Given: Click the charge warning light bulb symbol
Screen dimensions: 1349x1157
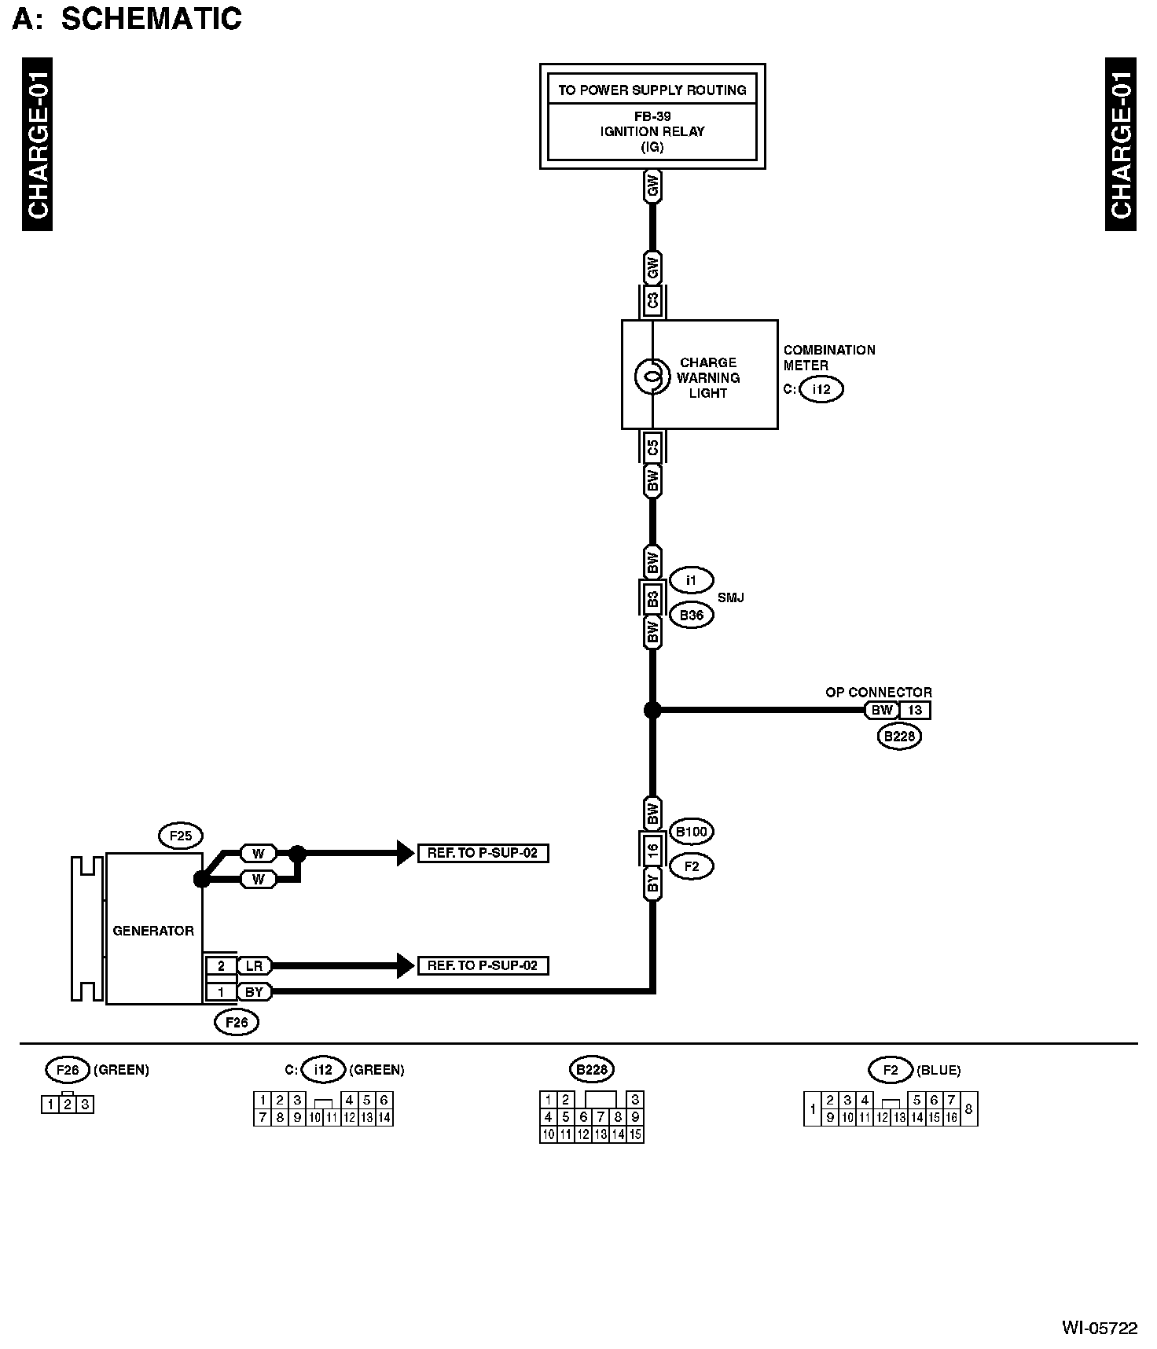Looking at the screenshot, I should point(652,377).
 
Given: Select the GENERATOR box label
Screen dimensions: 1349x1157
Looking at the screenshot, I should point(153,931).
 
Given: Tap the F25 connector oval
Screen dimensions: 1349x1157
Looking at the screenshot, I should point(181,836).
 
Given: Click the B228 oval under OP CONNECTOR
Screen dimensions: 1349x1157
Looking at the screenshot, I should point(899,737).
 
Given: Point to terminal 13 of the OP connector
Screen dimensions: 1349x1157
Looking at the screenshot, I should point(915,710).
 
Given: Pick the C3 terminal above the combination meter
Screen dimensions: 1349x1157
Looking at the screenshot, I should point(652,301).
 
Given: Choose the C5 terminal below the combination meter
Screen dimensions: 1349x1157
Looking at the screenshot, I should point(652,449).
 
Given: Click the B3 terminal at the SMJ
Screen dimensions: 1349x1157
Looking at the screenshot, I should point(652,598).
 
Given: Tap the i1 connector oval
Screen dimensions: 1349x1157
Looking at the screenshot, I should point(691,581).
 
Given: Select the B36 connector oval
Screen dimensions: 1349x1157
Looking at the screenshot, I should point(691,615).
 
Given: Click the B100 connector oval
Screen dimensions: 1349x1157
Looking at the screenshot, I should point(692,832).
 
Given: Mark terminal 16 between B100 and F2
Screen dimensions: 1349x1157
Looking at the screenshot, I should point(652,849).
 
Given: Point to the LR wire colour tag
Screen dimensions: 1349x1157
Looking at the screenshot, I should point(254,965).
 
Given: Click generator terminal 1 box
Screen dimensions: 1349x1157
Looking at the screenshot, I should point(222,992).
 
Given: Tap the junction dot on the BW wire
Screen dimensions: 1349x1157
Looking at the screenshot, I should point(652,710).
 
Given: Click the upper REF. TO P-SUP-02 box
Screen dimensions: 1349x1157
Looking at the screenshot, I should point(483,853).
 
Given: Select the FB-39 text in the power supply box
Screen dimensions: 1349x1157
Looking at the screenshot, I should point(652,116).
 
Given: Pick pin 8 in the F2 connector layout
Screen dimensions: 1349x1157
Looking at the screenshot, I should point(969,1108).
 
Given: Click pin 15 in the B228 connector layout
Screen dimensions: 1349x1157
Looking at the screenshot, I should point(635,1134).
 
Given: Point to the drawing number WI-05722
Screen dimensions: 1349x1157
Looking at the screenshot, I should point(1100,1329).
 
